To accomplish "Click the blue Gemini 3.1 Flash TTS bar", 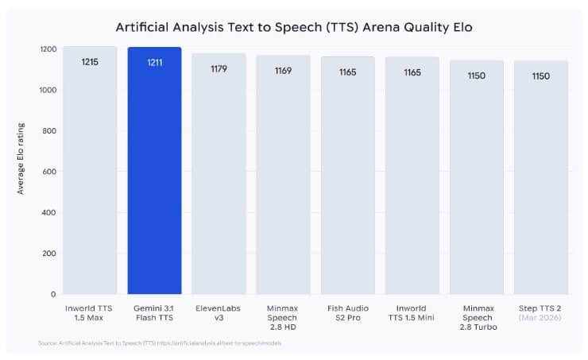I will pyautogui.click(x=154, y=171).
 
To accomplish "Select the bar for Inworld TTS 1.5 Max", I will pyautogui.click(x=90, y=171).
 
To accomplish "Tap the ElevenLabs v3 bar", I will pyautogui.click(x=219, y=175).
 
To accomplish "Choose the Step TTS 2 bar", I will pyautogui.click(x=540, y=178).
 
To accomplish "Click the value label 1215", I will pyautogui.click(x=90, y=61).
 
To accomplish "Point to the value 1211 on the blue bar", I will pyautogui.click(x=154, y=62).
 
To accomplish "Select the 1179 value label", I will pyautogui.click(x=219, y=68).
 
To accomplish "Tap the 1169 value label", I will pyautogui.click(x=283, y=71).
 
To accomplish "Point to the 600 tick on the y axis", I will pyautogui.click(x=48, y=172).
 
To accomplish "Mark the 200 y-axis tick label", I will pyautogui.click(x=48, y=254).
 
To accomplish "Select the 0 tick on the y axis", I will pyautogui.click(x=53, y=294).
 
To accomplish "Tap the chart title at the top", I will pyautogui.click(x=294, y=26).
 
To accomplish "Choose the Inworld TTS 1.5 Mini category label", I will pyautogui.click(x=412, y=312).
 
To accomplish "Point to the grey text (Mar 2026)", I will pyautogui.click(x=540, y=318).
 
